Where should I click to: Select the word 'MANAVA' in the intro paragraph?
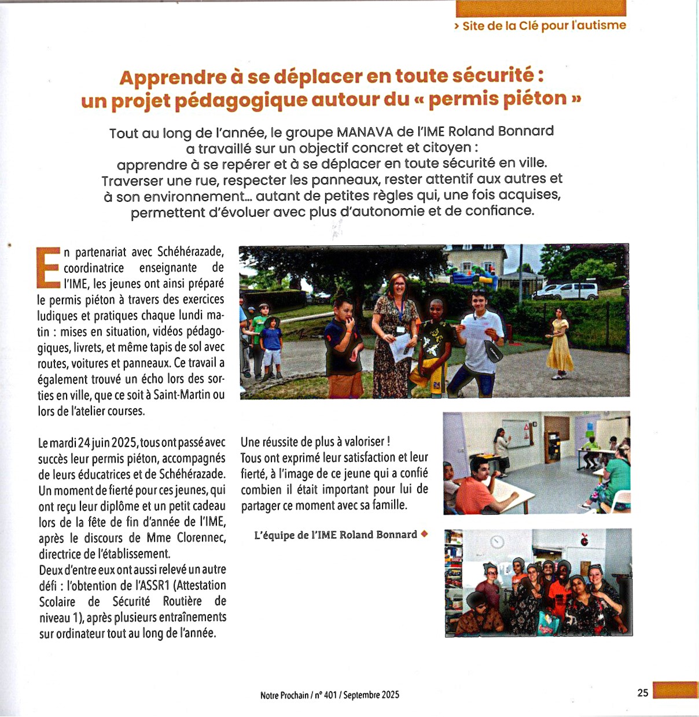click(x=366, y=132)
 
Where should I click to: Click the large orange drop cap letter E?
click(x=49, y=267)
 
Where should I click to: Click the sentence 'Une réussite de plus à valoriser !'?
click(x=315, y=442)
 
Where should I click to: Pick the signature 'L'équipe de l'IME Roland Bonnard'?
click(x=336, y=535)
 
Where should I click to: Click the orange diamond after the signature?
click(x=424, y=534)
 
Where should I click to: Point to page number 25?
click(x=643, y=693)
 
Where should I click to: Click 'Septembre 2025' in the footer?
click(x=371, y=695)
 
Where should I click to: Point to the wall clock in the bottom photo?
click(x=496, y=542)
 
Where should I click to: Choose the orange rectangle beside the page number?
click(x=675, y=690)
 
